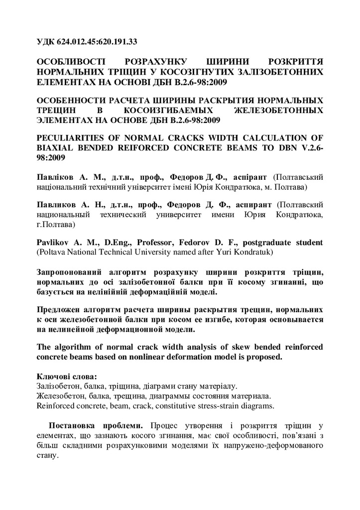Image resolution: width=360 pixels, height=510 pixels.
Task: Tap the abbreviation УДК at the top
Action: click(47, 41)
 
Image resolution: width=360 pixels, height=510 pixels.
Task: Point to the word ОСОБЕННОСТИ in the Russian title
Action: click(71, 99)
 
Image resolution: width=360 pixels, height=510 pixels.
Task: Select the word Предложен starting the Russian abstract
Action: click(62, 309)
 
